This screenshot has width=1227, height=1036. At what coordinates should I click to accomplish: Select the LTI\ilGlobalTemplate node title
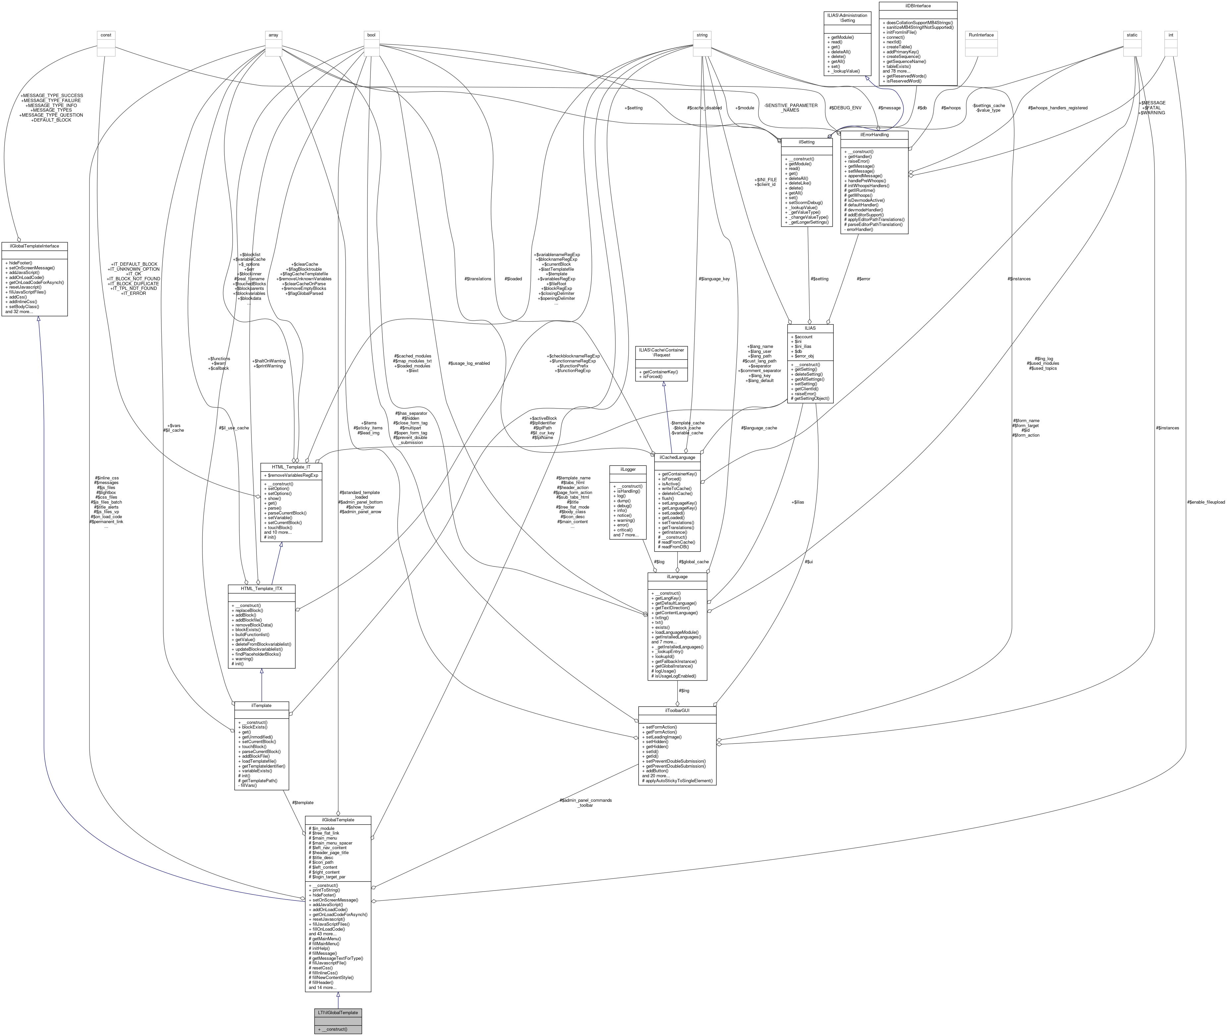point(338,1012)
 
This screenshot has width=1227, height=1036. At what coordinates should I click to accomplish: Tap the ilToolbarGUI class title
point(677,710)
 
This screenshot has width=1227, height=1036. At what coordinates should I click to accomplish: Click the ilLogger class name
point(628,469)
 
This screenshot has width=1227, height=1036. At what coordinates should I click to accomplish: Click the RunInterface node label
point(981,35)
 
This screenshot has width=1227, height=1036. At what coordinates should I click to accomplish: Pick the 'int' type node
point(1171,35)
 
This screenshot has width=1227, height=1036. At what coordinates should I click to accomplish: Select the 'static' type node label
point(1132,35)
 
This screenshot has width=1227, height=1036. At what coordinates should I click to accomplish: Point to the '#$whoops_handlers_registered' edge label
point(1057,108)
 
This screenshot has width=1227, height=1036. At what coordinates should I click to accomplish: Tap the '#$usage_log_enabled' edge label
point(469,363)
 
